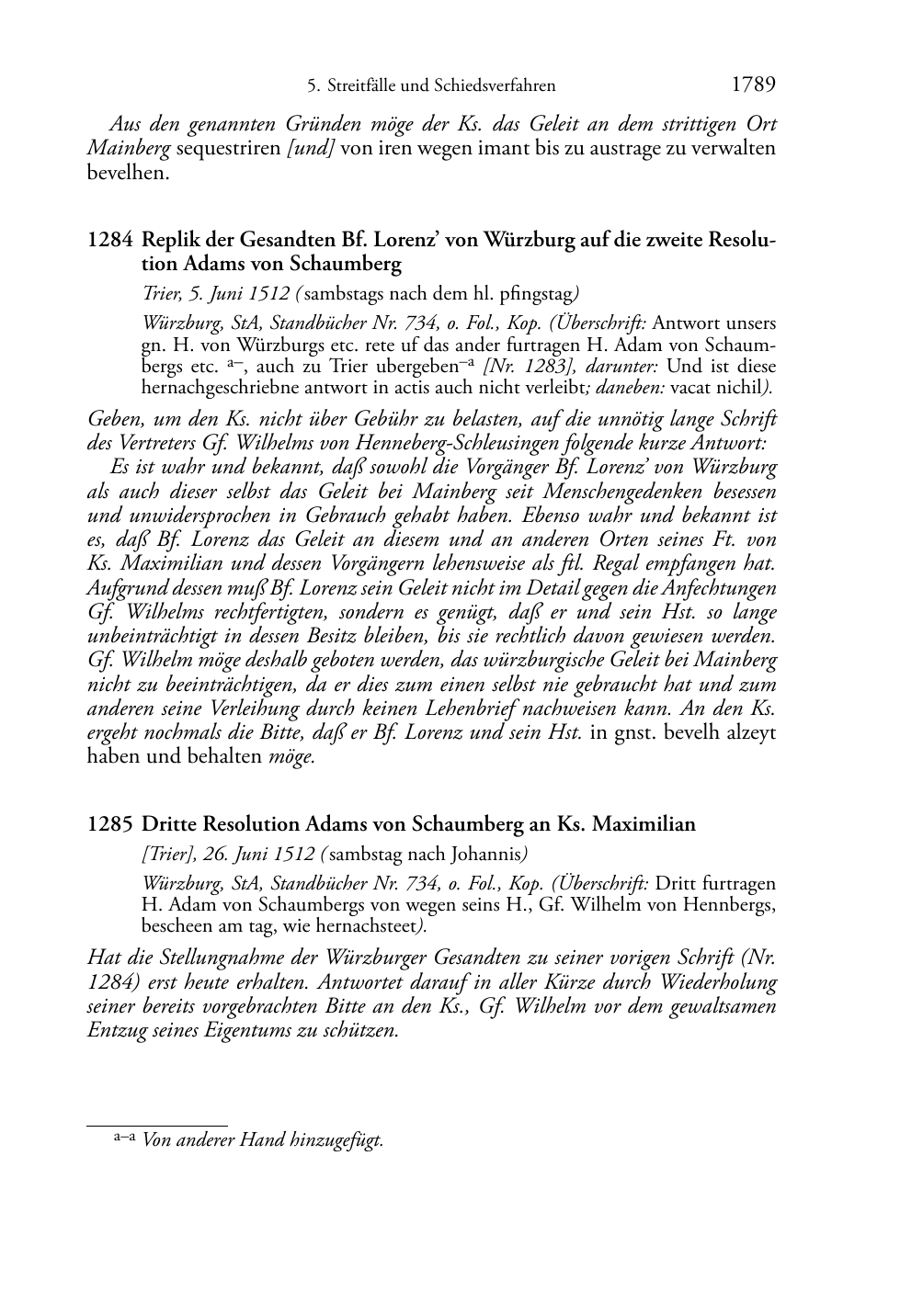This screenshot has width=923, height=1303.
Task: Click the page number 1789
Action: [x=753, y=85]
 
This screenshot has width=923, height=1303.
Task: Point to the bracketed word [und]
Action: [x=310, y=148]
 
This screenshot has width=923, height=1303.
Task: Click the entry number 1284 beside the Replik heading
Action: [x=109, y=241]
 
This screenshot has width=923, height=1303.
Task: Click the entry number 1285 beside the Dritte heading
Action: [x=109, y=824]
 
